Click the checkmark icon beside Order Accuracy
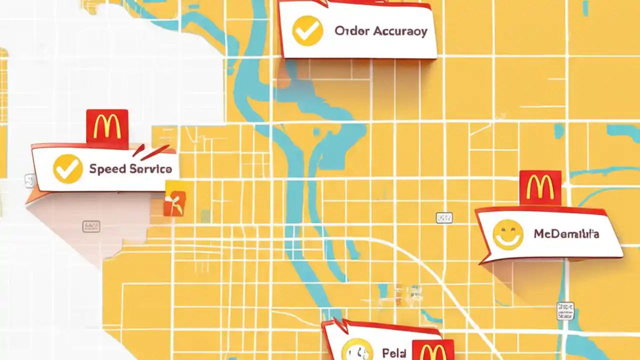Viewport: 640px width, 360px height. pyautogui.click(x=307, y=31)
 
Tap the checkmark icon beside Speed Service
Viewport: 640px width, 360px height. pyautogui.click(x=67, y=168)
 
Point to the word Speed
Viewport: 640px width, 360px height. pyautogui.click(x=107, y=169)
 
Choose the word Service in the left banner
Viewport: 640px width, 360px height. pyautogui.click(x=150, y=169)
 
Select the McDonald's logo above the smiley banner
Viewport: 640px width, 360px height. pyautogui.click(x=539, y=188)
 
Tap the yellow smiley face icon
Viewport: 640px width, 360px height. pyautogui.click(x=507, y=234)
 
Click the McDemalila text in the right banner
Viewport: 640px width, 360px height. pyautogui.click(x=566, y=233)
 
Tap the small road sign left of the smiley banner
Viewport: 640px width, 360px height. pyautogui.click(x=444, y=217)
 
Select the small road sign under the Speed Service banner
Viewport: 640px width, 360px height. pyautogui.click(x=90, y=226)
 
